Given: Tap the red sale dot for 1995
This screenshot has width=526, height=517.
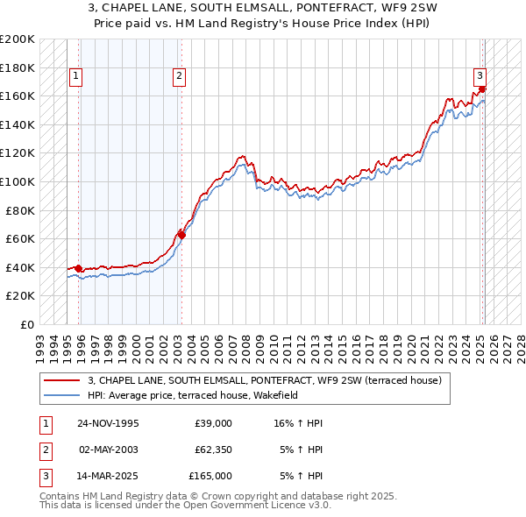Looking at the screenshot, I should (x=79, y=268).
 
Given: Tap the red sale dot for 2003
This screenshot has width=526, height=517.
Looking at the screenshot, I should (x=181, y=235).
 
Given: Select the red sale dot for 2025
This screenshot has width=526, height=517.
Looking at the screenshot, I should (x=483, y=89).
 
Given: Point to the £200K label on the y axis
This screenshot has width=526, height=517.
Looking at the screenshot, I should (x=18, y=39).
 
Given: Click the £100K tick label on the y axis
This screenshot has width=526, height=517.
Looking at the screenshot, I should (x=18, y=181).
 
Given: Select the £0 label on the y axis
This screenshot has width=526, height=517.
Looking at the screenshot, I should (x=28, y=324).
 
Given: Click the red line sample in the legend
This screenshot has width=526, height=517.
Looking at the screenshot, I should (x=61, y=380).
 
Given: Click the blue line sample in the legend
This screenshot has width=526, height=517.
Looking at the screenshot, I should (x=61, y=395).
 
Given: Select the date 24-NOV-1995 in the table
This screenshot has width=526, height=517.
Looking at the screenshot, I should (x=109, y=423).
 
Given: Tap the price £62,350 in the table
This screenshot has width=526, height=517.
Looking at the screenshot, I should (x=213, y=450).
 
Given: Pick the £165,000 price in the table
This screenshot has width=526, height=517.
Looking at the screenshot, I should (x=210, y=476).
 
